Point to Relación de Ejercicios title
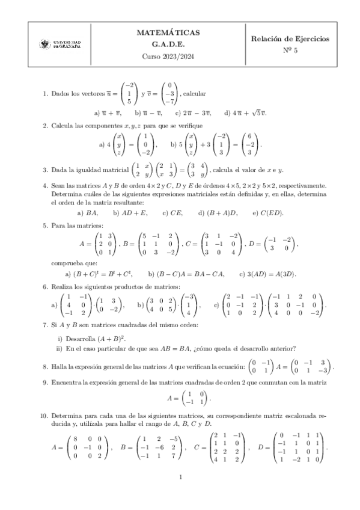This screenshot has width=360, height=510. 290,38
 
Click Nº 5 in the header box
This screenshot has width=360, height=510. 290,51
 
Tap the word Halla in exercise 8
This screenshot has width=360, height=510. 59,366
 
